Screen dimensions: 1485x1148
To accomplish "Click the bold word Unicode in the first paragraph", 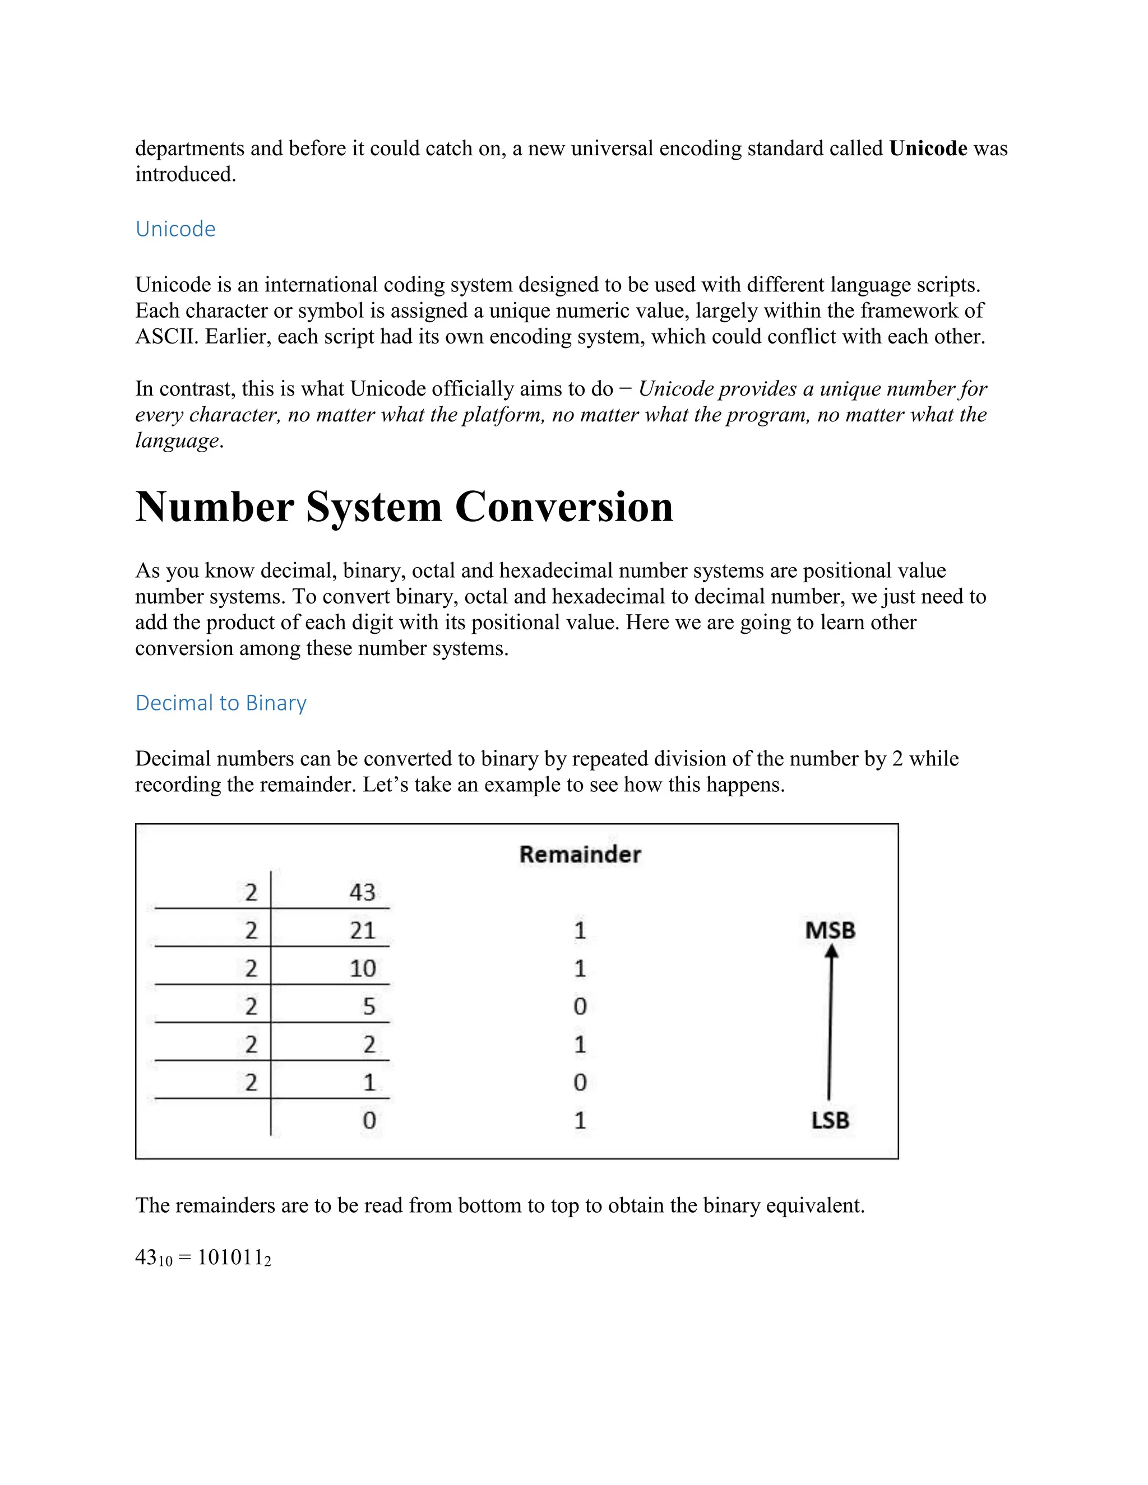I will pos(928,148).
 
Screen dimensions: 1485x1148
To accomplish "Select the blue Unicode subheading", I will pos(175,229).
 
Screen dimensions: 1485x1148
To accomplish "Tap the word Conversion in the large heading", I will pos(563,507).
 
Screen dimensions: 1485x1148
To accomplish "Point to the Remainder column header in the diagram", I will pos(580,854).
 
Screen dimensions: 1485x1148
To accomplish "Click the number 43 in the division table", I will pos(362,892).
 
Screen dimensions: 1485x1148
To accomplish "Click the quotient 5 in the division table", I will pos(369,1006).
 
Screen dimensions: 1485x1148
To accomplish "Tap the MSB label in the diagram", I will pos(830,930).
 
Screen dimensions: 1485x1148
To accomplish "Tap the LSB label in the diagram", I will pos(830,1120).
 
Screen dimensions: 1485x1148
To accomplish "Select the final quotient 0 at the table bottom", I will pos(369,1120).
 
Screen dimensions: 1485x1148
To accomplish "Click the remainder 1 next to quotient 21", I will pos(580,930).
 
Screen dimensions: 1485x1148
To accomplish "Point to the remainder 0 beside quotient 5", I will pos(580,1006).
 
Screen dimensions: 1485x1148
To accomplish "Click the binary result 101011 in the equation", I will pos(230,1257).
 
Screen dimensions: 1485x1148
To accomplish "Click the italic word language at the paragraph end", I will pos(177,440).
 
